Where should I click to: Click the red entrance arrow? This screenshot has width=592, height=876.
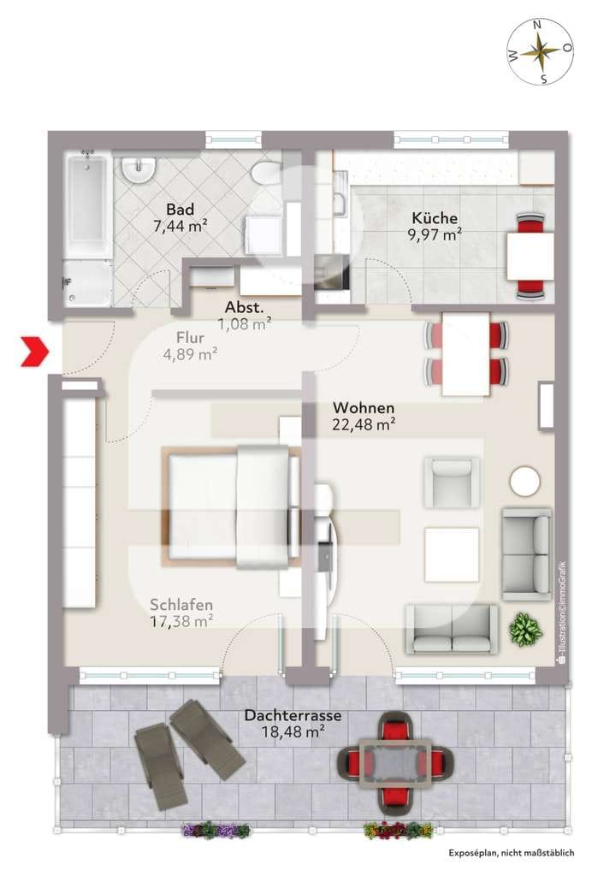[x=35, y=352]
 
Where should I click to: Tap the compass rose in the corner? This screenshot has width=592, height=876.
[x=540, y=52]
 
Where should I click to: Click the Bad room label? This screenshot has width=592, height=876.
[x=181, y=210]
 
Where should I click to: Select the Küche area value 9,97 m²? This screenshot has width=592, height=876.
[x=435, y=234]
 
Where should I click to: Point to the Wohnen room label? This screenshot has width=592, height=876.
[x=364, y=408]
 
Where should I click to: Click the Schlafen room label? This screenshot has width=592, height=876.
[x=181, y=605]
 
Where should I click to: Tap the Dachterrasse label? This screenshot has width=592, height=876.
[x=293, y=715]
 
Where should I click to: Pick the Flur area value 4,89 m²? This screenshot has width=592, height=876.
[x=190, y=354]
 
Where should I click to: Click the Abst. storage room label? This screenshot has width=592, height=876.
[x=244, y=307]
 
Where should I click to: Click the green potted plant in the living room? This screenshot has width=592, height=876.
[x=525, y=630]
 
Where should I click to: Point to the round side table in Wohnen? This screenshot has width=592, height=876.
[x=525, y=481]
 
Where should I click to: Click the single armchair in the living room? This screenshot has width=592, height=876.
[x=452, y=482]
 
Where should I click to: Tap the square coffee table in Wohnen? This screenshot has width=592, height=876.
[x=452, y=554]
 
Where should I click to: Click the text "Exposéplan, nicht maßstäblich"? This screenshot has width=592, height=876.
[x=511, y=853]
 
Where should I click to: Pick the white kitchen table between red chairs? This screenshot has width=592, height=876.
[x=530, y=255]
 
